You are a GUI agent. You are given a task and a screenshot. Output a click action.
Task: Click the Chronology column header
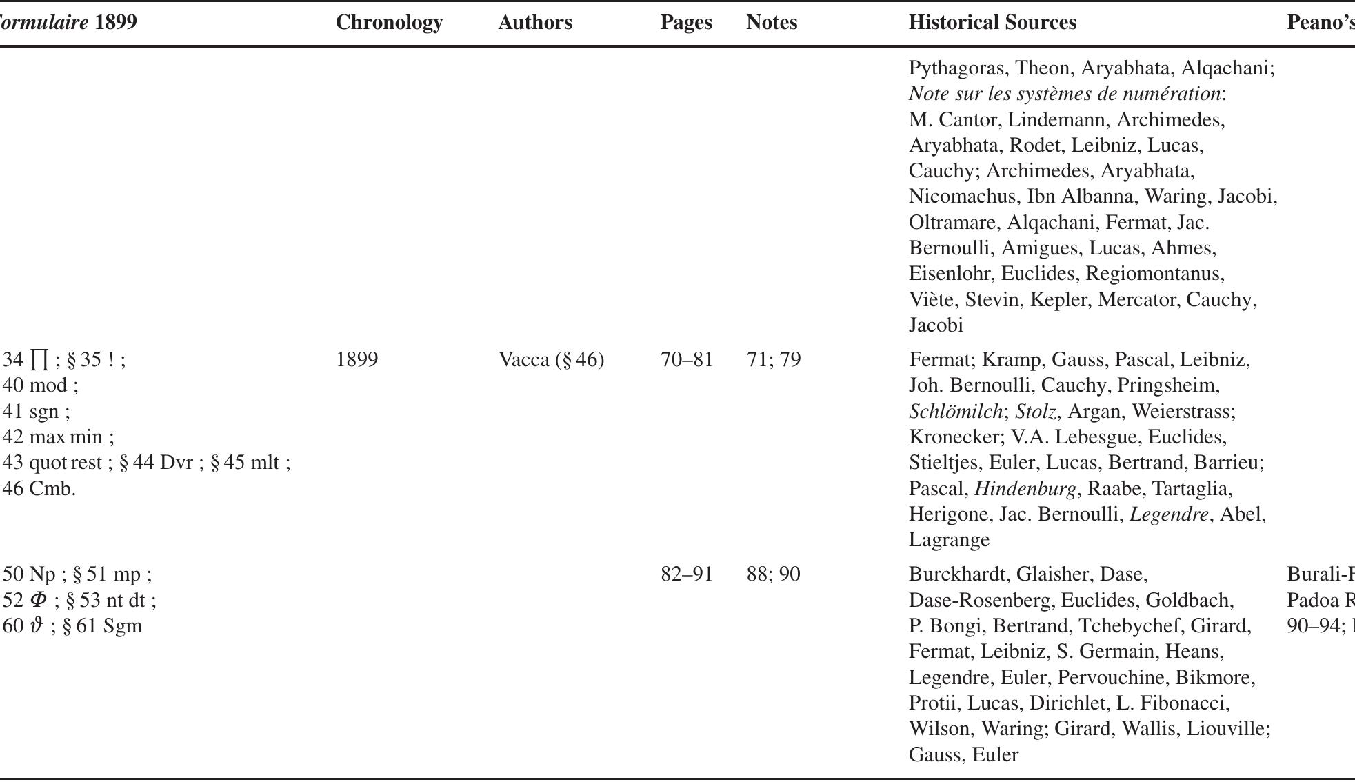pos(389,22)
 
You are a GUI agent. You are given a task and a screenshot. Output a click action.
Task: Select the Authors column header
pos(534,22)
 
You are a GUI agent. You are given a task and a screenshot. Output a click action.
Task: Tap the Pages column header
pos(686,22)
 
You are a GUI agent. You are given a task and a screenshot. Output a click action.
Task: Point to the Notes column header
pos(772,22)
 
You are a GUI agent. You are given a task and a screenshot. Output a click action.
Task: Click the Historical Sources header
pos(992,22)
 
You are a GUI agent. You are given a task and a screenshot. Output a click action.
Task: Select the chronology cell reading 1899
pos(357,359)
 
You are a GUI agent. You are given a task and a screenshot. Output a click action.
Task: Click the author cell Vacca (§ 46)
pos(551,359)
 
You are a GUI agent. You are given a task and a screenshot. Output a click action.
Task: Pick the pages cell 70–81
pos(687,359)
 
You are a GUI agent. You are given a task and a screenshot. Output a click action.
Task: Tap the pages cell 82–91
pos(687,574)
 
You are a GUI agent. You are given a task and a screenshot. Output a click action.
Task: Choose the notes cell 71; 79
pos(774,359)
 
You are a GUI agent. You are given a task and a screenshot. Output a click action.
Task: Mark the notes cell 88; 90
pos(774,574)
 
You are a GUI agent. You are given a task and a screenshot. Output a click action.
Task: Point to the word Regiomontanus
pos(1154,273)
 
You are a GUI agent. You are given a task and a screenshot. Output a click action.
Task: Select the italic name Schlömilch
pos(955,411)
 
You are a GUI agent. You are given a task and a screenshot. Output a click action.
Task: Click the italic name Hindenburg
pos(1025,488)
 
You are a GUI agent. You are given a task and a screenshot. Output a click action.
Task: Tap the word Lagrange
pos(949,539)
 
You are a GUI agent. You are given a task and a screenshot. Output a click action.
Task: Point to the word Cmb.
pos(52,488)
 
